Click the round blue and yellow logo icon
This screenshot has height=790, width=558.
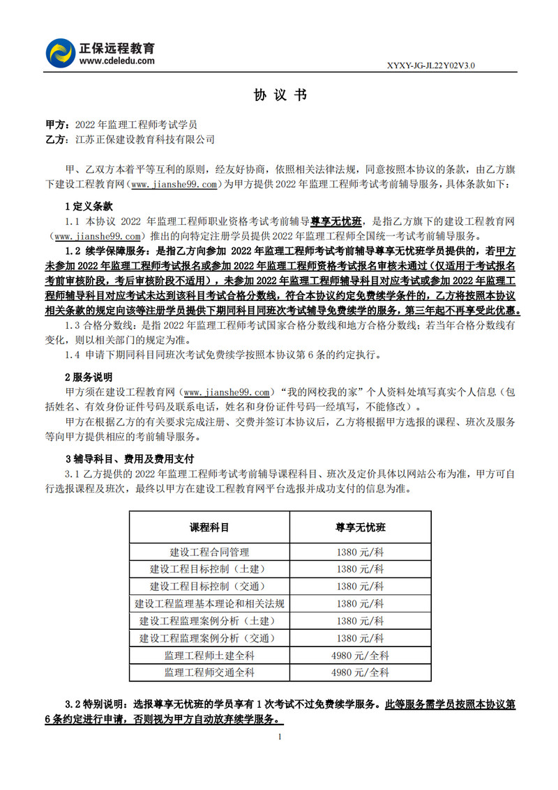[x=61, y=53]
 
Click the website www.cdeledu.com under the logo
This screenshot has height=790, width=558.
[x=117, y=61]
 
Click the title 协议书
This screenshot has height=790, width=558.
[x=279, y=95]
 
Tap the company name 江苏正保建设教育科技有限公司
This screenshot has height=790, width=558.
[x=144, y=139]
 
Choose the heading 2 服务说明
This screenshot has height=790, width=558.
[x=89, y=377]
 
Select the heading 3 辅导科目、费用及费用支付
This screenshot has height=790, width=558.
[x=125, y=459]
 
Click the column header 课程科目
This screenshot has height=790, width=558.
[x=209, y=527]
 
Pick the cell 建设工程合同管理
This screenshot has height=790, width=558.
[x=209, y=552]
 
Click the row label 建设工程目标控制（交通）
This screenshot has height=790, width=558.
[x=209, y=586]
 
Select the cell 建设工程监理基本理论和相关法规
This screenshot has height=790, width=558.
[x=209, y=603]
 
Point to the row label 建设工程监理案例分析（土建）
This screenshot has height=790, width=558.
[x=209, y=621]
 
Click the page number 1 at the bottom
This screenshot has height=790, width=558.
[x=279, y=736]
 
